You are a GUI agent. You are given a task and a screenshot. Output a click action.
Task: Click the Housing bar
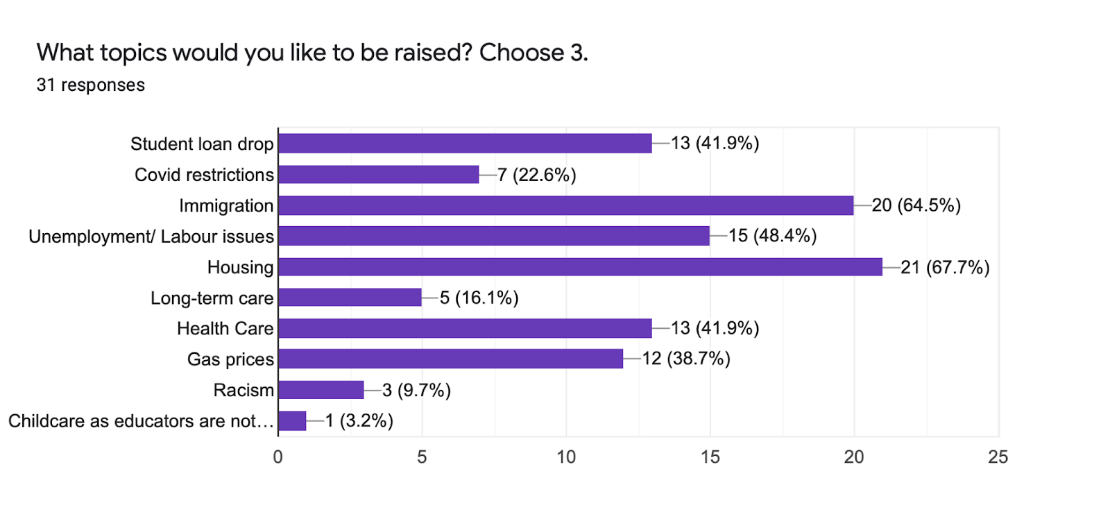pyautogui.click(x=580, y=267)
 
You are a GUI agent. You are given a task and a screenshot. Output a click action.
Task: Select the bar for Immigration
pyautogui.click(x=565, y=205)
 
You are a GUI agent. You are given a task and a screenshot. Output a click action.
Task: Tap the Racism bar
pyautogui.click(x=321, y=390)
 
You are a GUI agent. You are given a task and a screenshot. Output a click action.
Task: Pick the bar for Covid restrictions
pyautogui.click(x=378, y=175)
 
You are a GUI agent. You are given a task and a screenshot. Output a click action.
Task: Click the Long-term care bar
pyautogui.click(x=350, y=298)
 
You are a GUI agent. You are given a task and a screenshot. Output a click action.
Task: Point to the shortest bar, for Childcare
pyautogui.click(x=292, y=421)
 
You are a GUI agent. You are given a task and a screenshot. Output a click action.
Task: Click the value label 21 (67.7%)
pyautogui.click(x=945, y=267)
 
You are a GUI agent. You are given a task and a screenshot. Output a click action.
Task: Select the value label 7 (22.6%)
pyautogui.click(x=537, y=175)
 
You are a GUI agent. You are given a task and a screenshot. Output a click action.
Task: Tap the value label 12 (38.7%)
pyautogui.click(x=686, y=359)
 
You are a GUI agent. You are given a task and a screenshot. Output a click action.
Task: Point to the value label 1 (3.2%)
pyautogui.click(x=359, y=421)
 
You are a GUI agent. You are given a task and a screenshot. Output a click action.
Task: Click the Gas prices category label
pyautogui.click(x=230, y=359)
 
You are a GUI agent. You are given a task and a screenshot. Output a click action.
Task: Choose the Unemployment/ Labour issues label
pyautogui.click(x=151, y=237)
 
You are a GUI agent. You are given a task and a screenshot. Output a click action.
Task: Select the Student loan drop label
pyautogui.click(x=202, y=144)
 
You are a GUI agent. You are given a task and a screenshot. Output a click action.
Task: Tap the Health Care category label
pyautogui.click(x=225, y=328)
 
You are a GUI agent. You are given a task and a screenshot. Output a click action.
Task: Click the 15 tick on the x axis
pyautogui.click(x=710, y=457)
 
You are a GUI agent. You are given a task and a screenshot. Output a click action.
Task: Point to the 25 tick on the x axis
pyautogui.click(x=998, y=457)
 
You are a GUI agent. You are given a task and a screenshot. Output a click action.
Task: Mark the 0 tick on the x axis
pyautogui.click(x=278, y=457)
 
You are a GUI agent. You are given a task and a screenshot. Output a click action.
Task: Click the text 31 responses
pyautogui.click(x=91, y=85)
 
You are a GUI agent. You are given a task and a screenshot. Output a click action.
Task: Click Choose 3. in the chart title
pyautogui.click(x=533, y=53)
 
